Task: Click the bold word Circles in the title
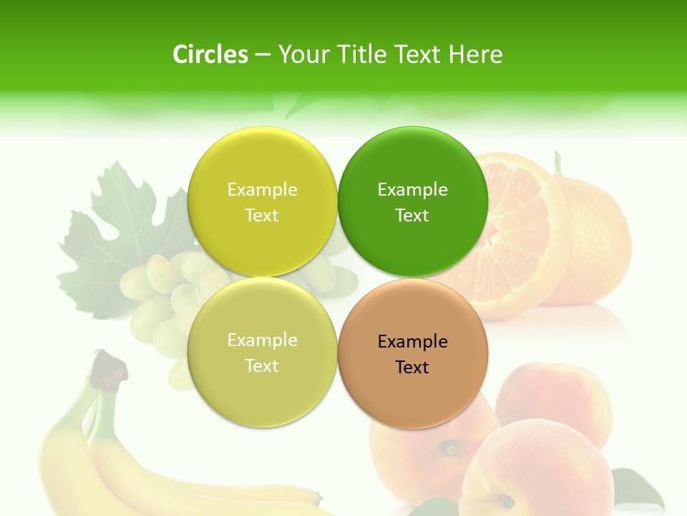point(210,54)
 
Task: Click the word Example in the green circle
point(413,190)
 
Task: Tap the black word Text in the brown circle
point(412,368)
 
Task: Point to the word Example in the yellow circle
point(262,190)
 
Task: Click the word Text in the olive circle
point(262,366)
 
